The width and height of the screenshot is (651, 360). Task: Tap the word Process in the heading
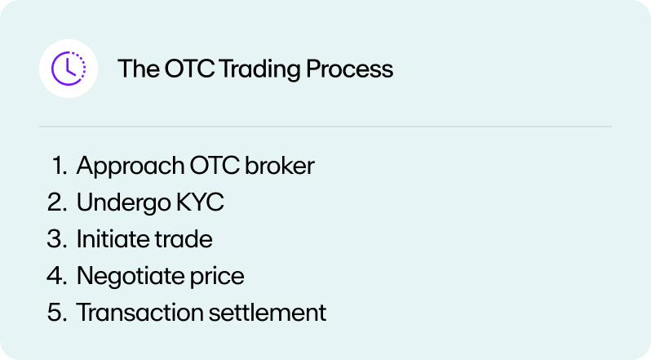coord(350,69)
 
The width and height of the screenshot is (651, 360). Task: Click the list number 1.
coord(58,166)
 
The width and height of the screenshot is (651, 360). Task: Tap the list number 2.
coord(57,202)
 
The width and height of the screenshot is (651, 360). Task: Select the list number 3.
coord(57,239)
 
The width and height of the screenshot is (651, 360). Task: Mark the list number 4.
coord(57,276)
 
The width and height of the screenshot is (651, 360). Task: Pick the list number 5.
coord(57,312)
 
